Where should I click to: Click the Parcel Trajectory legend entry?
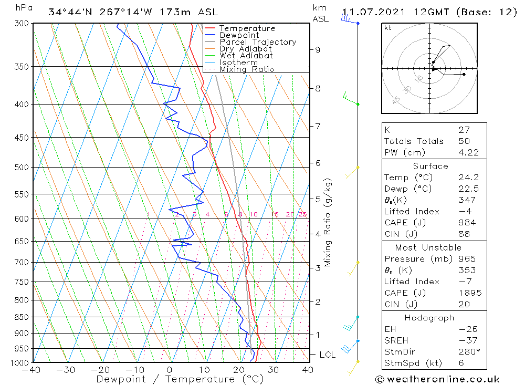tap(258, 42)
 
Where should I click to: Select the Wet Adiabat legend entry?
tap(246, 56)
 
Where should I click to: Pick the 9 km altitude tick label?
tap(318, 50)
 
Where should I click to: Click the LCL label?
tap(328, 355)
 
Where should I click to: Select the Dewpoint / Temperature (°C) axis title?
tap(165, 379)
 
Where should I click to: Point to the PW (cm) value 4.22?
tap(467, 152)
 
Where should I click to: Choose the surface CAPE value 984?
tap(466, 223)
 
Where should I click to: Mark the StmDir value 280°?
tap(467, 352)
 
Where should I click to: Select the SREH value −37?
tap(467, 341)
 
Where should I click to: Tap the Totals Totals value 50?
tap(464, 141)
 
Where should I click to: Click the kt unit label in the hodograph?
tap(388, 28)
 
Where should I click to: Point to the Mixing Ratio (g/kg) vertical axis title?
tap(328, 223)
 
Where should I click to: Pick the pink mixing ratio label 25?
tap(302, 214)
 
